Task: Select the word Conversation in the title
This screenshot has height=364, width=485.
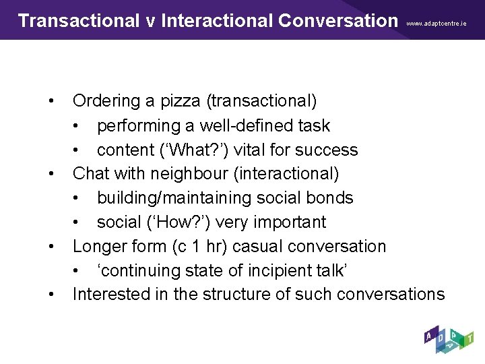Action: (x=337, y=20)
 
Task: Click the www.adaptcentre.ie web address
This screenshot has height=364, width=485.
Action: (x=437, y=23)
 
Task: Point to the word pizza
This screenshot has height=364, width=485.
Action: (x=183, y=101)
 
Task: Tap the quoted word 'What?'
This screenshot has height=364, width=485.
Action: (x=189, y=150)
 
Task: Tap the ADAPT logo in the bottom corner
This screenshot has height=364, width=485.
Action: (x=449, y=341)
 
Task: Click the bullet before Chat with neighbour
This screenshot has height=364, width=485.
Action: (x=52, y=174)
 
